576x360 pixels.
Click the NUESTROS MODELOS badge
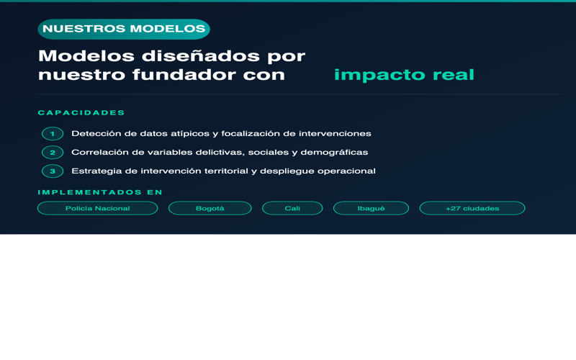tap(124, 29)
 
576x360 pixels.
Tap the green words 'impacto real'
tap(404, 75)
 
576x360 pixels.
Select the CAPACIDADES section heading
tap(81, 113)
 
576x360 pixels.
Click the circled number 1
tap(53, 134)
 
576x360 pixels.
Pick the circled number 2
tap(53, 153)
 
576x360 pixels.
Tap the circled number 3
tap(53, 171)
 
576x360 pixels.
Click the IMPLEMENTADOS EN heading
tap(100, 192)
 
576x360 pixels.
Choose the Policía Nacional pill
tap(97, 208)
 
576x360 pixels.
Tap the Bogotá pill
tap(210, 208)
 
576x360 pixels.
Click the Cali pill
tap(292, 208)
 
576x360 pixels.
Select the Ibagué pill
tap(371, 208)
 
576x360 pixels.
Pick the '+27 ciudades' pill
tap(472, 208)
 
